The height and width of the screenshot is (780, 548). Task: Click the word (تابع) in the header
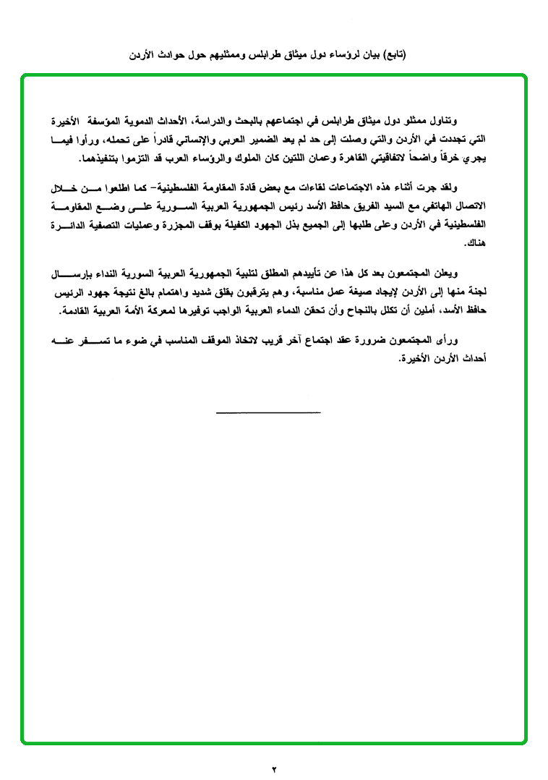393,54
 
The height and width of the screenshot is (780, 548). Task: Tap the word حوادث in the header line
171,54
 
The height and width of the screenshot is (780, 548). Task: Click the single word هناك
478,243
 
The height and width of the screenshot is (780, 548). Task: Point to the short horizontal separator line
268,412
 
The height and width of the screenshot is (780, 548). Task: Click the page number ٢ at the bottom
274,768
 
